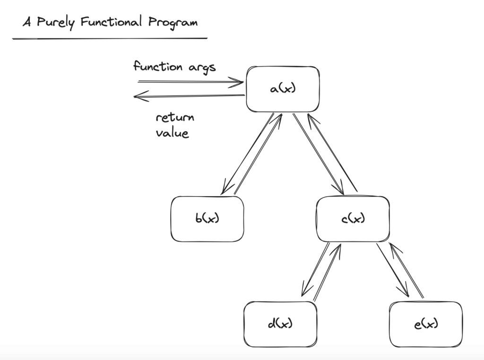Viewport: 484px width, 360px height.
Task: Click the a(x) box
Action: tap(283, 89)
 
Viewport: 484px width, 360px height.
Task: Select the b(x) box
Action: tap(207, 219)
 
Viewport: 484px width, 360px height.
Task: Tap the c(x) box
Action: tap(353, 219)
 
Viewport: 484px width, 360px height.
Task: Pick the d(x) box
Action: tap(280, 324)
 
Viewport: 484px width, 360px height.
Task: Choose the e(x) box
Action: tap(425, 324)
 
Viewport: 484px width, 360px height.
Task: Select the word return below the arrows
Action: tap(175, 117)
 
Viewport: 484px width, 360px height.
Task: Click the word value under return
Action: tap(172, 133)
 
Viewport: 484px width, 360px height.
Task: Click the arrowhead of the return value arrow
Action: tap(138, 97)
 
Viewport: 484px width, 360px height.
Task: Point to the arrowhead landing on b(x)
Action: tap(224, 189)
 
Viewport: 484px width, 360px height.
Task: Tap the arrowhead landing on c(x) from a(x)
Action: tap(340, 189)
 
